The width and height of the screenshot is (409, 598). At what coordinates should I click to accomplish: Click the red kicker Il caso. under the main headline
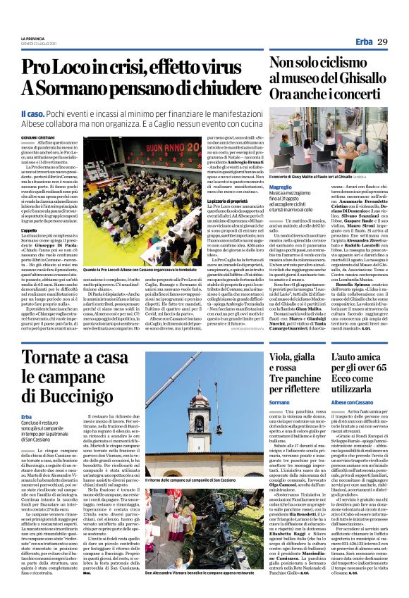pos(35,111)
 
